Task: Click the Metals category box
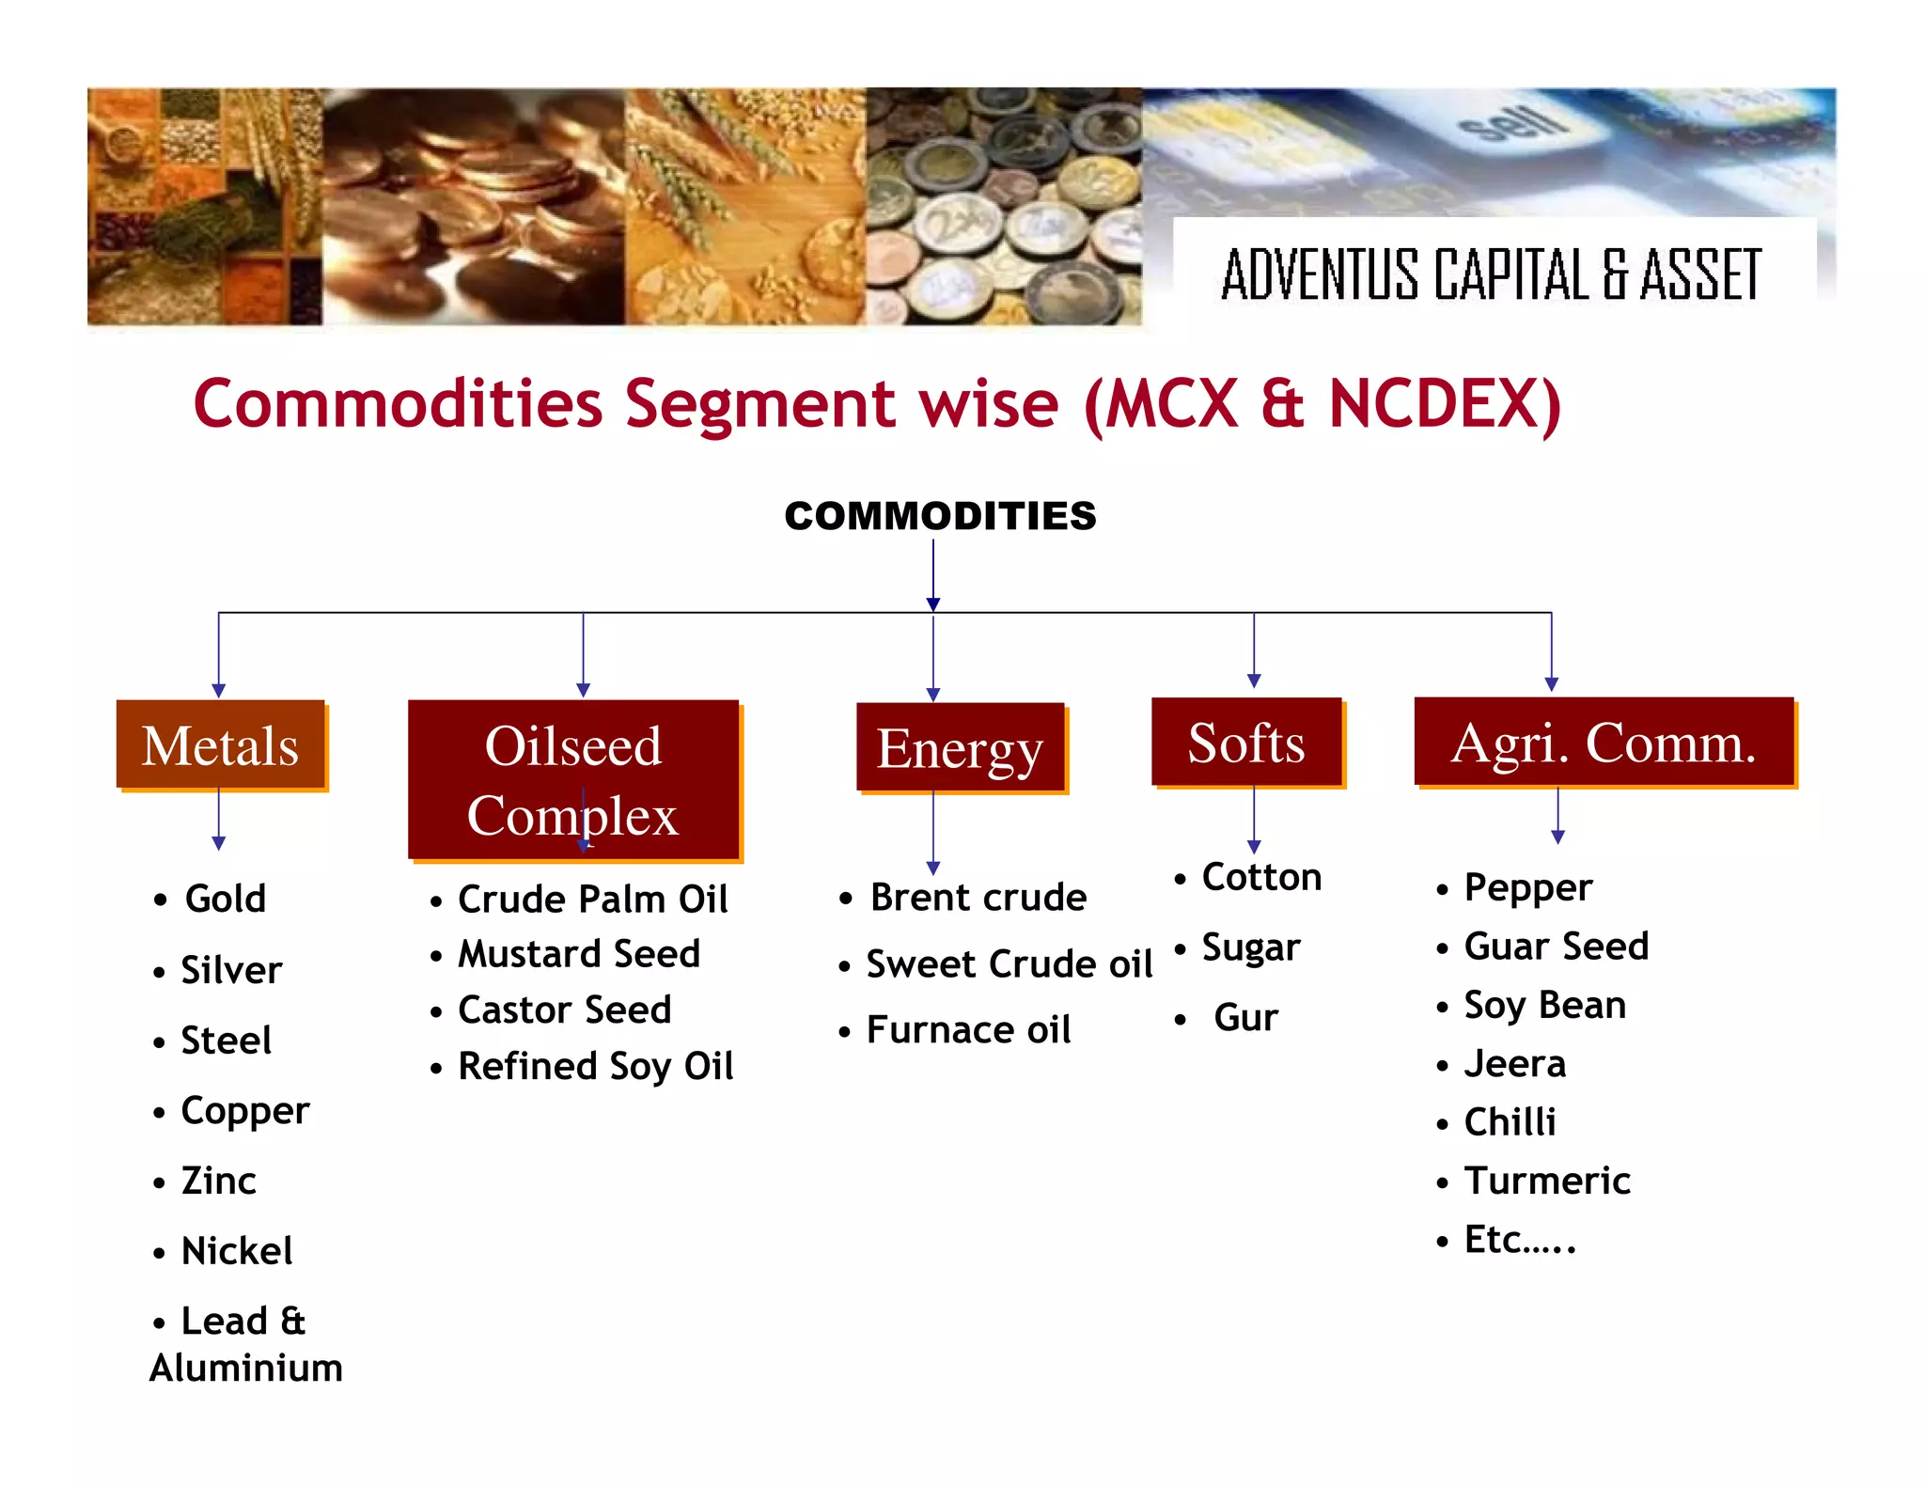click(221, 745)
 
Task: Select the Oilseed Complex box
click(573, 779)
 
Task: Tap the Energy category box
click(960, 748)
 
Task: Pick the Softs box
click(1246, 743)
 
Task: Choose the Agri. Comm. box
click(1604, 743)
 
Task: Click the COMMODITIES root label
click(940, 516)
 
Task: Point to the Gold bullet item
click(226, 899)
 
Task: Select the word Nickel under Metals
click(237, 1251)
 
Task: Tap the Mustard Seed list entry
click(579, 954)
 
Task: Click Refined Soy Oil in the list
click(596, 1066)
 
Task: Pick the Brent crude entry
click(978, 898)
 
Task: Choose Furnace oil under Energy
click(968, 1030)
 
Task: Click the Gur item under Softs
click(1245, 1018)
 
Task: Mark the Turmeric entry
click(1547, 1181)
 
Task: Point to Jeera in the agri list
click(1515, 1064)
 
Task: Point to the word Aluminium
click(246, 1368)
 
